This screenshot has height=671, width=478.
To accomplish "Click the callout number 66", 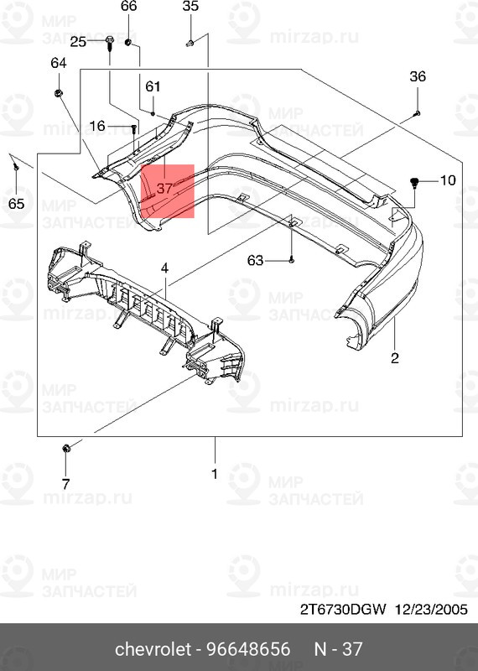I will (128, 6).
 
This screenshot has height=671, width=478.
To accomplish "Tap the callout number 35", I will (190, 6).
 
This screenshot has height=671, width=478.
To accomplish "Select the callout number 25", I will (78, 41).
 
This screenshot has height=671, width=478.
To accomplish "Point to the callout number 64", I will (59, 64).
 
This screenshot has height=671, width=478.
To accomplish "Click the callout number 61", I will (153, 86).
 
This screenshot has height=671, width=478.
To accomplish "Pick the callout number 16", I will (97, 127).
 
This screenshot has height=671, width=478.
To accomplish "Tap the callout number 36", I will (418, 77).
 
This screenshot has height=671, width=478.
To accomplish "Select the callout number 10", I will (446, 179).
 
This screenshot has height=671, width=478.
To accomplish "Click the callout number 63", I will (256, 261).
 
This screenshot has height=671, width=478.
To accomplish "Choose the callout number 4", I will (165, 268).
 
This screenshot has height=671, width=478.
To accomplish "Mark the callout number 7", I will (65, 483).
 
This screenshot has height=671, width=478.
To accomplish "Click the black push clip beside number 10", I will (415, 181).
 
